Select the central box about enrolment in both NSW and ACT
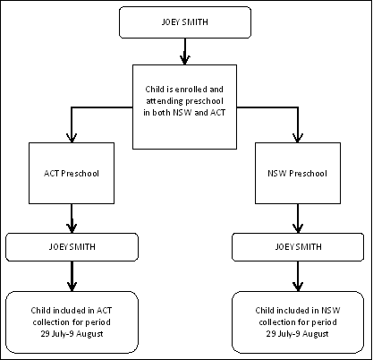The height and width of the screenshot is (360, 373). click(185, 106)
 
